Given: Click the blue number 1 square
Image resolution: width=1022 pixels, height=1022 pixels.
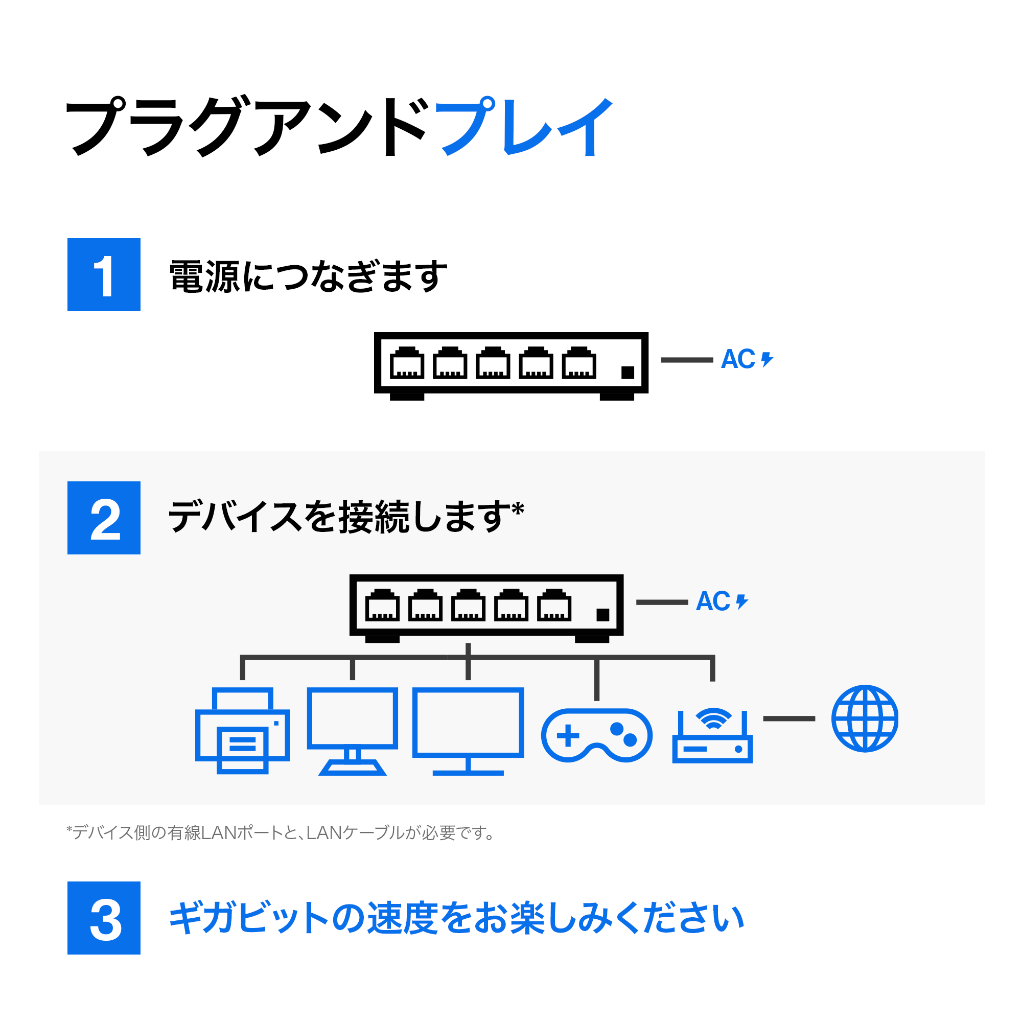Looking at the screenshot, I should coord(104,274).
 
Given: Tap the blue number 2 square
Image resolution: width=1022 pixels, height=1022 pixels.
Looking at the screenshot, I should coord(104,518).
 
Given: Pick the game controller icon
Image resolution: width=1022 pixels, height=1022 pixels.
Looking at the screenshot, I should coord(597,735).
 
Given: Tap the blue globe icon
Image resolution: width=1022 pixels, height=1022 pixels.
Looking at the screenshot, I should coord(865,718).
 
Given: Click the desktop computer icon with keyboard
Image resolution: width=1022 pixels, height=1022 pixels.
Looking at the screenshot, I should coord(352,731).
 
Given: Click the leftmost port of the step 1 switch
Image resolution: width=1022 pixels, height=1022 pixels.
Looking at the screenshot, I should coord(407,363).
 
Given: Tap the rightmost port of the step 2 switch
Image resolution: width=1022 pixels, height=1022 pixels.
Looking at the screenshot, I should coord(554,605).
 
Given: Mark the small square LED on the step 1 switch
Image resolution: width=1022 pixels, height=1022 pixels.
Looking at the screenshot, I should coord(628,373).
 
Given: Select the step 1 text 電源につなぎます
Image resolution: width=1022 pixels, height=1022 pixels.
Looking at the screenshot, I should coord(308,276).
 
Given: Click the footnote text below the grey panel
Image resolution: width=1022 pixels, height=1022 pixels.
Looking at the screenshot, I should coord(281,832).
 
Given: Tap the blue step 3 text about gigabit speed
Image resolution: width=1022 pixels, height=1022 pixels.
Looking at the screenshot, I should coord(456,918).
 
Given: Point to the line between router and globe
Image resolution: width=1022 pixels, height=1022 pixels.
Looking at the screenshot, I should coord(788,718).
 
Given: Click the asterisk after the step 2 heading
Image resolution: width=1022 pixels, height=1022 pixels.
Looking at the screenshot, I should coord(518,509).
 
